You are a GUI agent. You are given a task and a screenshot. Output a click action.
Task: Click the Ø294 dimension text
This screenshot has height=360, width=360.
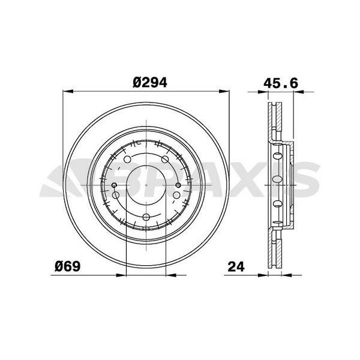(145, 83)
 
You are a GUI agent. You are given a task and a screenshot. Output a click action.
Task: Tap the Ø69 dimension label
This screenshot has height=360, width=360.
(68, 265)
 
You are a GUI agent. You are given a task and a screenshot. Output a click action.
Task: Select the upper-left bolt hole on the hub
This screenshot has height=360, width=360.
(128, 158)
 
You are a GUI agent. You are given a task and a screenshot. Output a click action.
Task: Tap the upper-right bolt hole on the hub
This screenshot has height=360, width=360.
(163, 158)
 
